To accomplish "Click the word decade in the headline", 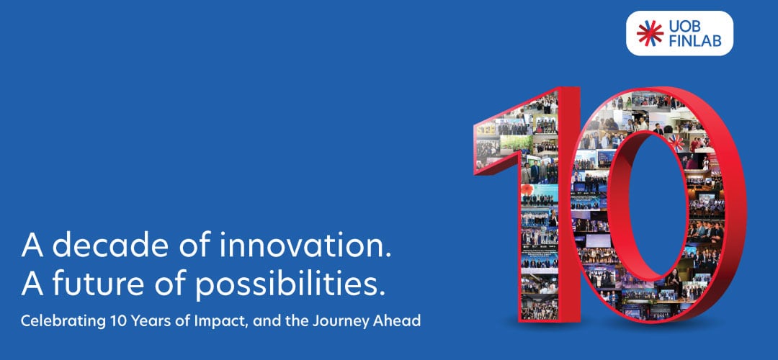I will coord(93,247).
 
